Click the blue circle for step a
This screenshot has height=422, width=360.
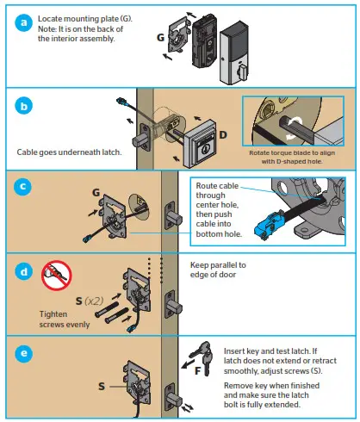pos(23,23)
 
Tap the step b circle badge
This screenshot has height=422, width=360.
pos(23,107)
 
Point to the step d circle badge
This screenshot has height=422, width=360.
pos(23,270)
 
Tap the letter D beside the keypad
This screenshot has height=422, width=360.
pos(222,136)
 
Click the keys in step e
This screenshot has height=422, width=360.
pos(203,355)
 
